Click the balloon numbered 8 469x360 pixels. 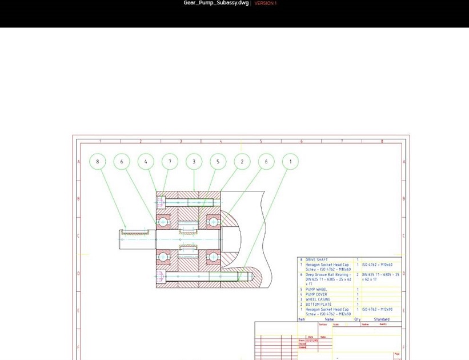click(x=98, y=162)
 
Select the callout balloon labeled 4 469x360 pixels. click(x=146, y=162)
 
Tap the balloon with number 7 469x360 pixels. click(x=170, y=162)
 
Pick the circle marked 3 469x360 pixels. click(x=194, y=162)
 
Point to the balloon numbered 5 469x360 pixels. click(x=218, y=162)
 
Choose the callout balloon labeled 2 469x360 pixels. click(x=242, y=162)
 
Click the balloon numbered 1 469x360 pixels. click(x=290, y=162)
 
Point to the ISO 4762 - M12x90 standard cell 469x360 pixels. click(x=378, y=310)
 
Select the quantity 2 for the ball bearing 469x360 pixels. click(x=358, y=274)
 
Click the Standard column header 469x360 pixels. click(x=382, y=319)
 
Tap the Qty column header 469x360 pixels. click(x=358, y=319)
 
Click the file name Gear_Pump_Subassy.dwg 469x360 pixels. click(x=216, y=3)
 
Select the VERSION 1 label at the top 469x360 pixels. click(x=266, y=3)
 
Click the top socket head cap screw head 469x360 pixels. click(x=161, y=202)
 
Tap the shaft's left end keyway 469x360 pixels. click(x=134, y=232)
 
